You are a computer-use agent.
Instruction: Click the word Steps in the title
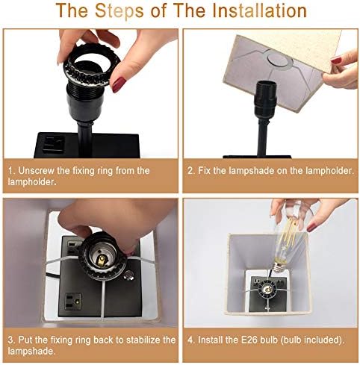(x=120, y=11)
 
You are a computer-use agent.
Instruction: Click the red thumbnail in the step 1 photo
(x=119, y=84)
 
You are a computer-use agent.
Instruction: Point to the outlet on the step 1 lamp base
(x=53, y=145)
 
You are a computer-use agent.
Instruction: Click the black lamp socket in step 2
(x=265, y=99)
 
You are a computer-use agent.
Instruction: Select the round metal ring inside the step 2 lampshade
(x=277, y=58)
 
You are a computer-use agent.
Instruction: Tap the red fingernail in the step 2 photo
(x=336, y=60)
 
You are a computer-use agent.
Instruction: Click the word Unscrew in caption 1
(x=36, y=171)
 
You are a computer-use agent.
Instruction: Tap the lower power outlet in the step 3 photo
(x=73, y=302)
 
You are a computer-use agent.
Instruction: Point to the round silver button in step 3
(x=128, y=275)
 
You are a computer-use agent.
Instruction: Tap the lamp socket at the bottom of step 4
(x=267, y=289)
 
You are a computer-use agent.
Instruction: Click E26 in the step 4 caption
(x=249, y=340)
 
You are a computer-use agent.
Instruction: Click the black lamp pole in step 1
(x=85, y=140)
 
